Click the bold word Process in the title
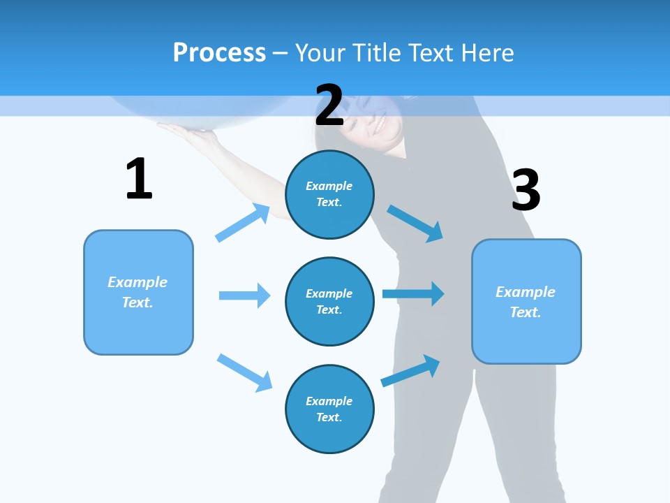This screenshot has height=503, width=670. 219,53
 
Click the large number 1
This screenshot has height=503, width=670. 139,179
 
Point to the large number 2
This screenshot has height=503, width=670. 329,105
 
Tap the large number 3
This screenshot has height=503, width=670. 526,190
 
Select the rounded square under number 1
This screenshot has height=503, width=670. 138,292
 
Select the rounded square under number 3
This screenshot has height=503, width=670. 526,301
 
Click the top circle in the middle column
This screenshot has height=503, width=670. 329,194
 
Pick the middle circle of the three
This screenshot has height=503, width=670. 329,301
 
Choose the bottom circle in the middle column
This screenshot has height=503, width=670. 329,409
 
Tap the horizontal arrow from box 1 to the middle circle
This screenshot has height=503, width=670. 244,296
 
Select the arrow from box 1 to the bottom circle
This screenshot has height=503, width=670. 244,372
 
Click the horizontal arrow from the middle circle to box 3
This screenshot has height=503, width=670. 413,293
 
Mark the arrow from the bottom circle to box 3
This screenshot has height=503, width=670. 411,371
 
